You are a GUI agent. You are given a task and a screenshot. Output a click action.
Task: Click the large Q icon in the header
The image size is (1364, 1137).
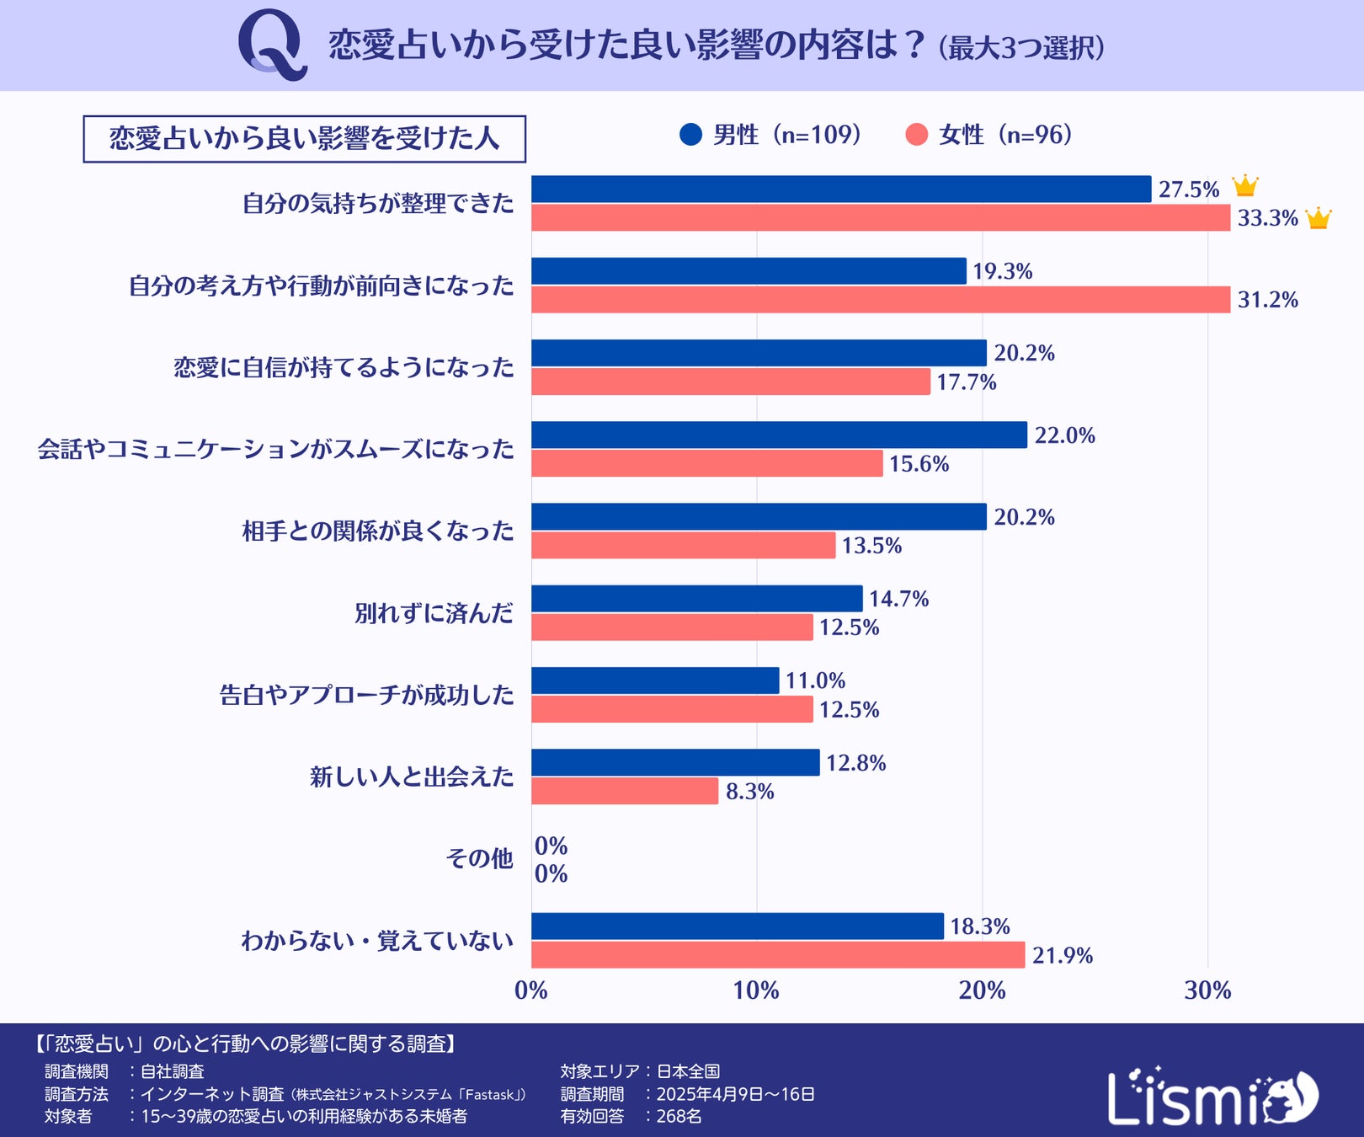click(x=272, y=45)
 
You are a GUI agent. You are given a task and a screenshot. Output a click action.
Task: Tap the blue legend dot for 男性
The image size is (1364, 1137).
click(x=690, y=135)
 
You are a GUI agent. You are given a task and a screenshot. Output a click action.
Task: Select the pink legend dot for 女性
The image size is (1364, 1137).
click(x=916, y=135)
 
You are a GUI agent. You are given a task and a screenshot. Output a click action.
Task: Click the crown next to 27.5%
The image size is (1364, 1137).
click(x=1244, y=186)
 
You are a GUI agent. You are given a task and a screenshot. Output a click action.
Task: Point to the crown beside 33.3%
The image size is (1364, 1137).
click(x=1318, y=218)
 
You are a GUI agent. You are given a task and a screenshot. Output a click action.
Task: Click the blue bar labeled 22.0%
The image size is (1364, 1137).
click(x=779, y=435)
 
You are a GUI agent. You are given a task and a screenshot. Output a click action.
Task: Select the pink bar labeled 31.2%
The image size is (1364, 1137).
click(x=880, y=300)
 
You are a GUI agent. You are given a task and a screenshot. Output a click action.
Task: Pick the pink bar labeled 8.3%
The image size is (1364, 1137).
click(x=624, y=791)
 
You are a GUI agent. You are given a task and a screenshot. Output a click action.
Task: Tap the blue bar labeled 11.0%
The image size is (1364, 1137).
click(x=655, y=681)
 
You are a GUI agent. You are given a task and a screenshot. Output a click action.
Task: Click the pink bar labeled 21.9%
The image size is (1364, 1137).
click(x=777, y=955)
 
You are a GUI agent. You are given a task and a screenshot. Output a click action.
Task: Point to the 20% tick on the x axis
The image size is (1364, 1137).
click(x=982, y=990)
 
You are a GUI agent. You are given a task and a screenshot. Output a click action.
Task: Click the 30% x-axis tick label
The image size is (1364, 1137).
click(x=1207, y=990)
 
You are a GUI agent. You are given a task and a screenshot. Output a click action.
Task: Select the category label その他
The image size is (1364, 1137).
click(x=479, y=858)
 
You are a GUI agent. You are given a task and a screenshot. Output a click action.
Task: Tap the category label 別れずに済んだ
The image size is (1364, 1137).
click(x=434, y=613)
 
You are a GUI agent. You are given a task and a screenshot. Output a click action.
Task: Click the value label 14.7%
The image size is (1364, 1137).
click(x=898, y=599)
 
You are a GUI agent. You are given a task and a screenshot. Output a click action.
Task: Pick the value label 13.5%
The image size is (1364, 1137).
click(x=871, y=546)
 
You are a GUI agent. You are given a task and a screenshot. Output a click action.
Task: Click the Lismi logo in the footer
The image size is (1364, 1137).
click(x=1212, y=1097)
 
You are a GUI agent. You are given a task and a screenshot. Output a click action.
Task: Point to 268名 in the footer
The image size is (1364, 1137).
click(x=679, y=1116)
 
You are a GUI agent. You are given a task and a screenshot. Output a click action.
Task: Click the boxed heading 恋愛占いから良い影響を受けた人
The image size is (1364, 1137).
click(x=304, y=139)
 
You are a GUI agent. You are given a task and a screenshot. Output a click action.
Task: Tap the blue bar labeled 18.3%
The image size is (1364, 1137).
click(x=737, y=926)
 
